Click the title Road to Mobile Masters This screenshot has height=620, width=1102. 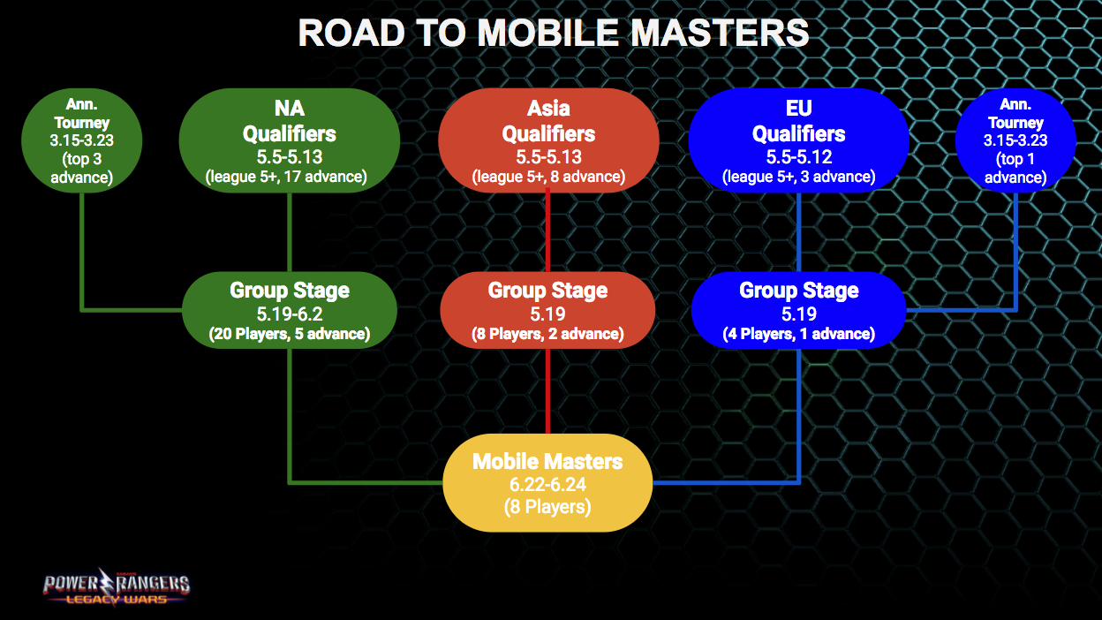[x=553, y=33]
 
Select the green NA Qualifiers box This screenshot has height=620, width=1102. [x=289, y=141]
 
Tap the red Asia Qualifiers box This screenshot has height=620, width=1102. [x=548, y=141]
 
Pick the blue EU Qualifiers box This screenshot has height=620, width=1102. [x=798, y=141]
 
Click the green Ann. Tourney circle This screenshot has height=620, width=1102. [x=81, y=141]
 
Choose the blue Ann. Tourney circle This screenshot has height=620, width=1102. [x=1015, y=141]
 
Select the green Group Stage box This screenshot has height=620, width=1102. [x=289, y=311]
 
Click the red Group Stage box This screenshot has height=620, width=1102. [x=548, y=311]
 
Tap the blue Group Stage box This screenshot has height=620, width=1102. [x=798, y=311]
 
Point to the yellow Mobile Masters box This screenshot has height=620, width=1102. [x=547, y=483]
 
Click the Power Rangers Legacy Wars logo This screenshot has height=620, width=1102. [x=117, y=586]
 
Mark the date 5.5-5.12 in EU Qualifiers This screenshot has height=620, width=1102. [x=798, y=156]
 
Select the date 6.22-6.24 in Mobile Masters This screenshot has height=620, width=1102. [x=547, y=485]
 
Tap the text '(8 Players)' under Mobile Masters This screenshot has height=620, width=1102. [x=547, y=508]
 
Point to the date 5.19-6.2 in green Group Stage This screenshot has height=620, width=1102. [x=289, y=314]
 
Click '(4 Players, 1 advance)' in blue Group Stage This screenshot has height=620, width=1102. [x=798, y=335]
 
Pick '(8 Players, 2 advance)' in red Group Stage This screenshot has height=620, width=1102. [x=548, y=335]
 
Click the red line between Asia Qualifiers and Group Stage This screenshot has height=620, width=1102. [x=548, y=230]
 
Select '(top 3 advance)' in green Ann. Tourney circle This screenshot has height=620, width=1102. [x=81, y=169]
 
